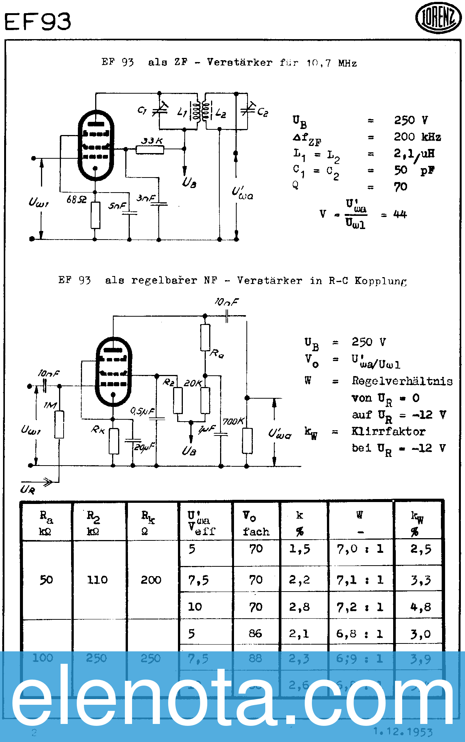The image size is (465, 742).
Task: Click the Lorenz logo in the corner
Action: coord(438,18)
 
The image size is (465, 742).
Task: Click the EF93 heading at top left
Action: coord(38,21)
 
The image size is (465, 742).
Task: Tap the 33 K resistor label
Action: coord(152,141)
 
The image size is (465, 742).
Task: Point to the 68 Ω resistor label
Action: coord(76,199)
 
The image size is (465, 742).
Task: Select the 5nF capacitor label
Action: coord(117,206)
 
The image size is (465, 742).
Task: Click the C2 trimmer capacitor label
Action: coord(263,112)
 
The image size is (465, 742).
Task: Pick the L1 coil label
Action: coord(182,112)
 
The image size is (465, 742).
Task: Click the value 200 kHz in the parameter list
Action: coord(417,137)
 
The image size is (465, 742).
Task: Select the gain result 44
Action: coord(400,214)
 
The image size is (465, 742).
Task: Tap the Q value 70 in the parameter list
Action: coord(401,187)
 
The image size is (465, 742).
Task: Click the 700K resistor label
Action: coord(233,421)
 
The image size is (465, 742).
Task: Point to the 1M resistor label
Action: coord(50,405)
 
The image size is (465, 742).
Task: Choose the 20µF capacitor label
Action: coord(145,447)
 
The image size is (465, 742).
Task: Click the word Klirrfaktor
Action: coord(388,431)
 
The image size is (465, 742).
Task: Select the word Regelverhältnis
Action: coord(402,381)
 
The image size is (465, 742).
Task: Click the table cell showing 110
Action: coord(97,580)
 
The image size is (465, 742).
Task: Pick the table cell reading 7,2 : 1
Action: coord(360,607)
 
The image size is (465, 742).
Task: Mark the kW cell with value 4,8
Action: coord(421,607)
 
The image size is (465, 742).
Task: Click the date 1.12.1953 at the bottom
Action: coord(403,732)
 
